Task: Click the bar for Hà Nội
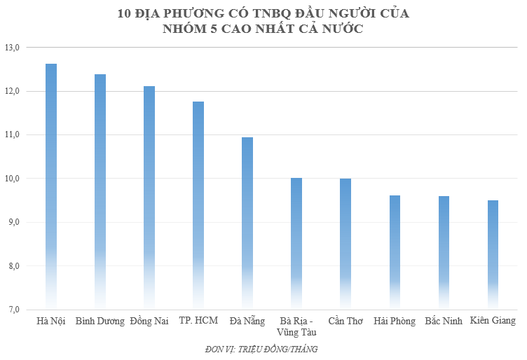coord(51,186)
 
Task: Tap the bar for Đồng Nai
coord(149,197)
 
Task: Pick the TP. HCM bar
coord(198,205)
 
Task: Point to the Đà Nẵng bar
coord(247,223)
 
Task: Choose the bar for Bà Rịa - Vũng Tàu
coord(296,243)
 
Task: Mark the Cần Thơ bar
coord(345,243)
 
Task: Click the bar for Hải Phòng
coord(395,252)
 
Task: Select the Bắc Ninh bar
coord(444,252)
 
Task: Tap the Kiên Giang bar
coord(493,254)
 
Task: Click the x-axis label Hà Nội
coord(50,321)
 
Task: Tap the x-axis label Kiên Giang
coord(493,321)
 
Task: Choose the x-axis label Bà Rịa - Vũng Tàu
coord(296,327)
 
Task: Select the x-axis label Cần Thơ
coord(345,321)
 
